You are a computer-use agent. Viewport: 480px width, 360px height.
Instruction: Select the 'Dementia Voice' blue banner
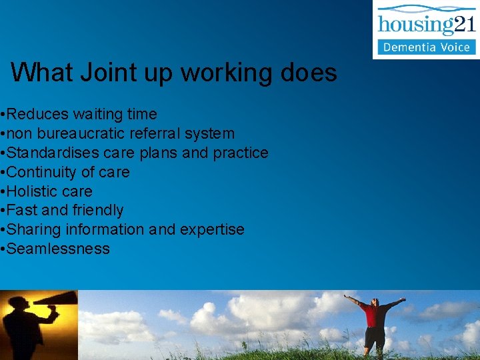click(427, 47)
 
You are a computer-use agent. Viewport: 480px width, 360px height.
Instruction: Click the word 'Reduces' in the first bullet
click(34, 115)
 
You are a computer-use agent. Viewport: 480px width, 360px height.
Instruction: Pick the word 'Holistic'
click(31, 191)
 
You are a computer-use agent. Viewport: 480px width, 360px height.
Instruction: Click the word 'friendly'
click(99, 210)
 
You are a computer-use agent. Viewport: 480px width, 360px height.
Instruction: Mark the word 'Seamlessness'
click(58, 249)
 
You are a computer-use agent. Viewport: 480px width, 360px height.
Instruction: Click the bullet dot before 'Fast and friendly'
click(3, 211)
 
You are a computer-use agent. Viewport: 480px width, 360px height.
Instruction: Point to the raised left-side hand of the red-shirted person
click(347, 297)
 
